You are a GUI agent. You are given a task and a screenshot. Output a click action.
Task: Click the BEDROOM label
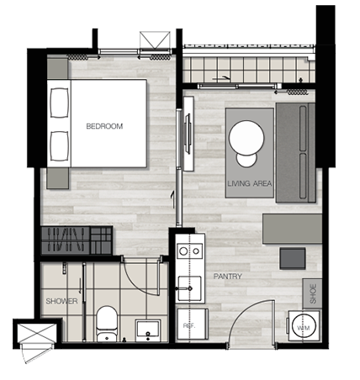click(104, 126)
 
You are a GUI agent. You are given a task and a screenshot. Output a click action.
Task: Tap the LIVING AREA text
click(250, 184)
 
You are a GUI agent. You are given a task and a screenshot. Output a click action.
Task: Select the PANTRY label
click(228, 277)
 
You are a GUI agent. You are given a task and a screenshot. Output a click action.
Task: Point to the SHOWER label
click(61, 301)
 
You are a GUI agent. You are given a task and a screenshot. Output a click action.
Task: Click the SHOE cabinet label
click(313, 293)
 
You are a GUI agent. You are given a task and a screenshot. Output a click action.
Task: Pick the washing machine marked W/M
click(304, 326)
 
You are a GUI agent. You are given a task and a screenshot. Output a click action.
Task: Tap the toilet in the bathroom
click(107, 324)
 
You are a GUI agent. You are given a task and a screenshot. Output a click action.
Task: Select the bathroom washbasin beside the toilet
click(148, 330)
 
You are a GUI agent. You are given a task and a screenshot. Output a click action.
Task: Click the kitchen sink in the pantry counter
click(190, 288)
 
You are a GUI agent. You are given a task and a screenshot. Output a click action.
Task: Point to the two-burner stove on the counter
click(190, 251)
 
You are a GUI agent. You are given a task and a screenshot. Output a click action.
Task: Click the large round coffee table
click(246, 138)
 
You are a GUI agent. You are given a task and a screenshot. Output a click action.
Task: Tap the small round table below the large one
click(246, 160)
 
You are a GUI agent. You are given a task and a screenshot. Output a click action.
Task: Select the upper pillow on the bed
click(60, 103)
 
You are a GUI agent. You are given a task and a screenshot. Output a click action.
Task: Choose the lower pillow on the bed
click(60, 146)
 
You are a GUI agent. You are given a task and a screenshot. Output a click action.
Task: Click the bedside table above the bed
click(57, 68)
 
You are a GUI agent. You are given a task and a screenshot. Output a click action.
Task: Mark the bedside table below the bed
click(58, 178)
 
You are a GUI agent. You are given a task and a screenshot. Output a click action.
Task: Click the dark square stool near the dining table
click(293, 258)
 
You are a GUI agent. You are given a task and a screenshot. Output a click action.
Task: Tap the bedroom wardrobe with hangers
click(77, 240)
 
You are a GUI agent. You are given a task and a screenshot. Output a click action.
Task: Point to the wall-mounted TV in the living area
click(188, 134)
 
